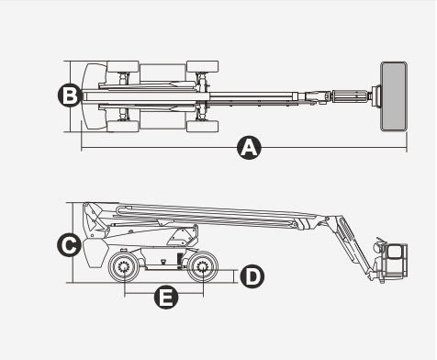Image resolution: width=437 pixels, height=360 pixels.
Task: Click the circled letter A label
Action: [x=250, y=148]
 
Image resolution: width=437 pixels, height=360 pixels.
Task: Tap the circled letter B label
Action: [x=70, y=96]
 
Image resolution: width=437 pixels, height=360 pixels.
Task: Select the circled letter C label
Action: [x=70, y=245]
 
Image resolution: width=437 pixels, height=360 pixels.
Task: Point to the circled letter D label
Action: [x=252, y=276]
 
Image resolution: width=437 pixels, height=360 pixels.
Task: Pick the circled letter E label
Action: [x=166, y=297]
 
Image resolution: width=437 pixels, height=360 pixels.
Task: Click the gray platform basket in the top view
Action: [x=394, y=96]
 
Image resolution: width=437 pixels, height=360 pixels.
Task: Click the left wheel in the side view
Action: [x=124, y=267]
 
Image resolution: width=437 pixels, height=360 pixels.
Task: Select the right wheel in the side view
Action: [x=202, y=267]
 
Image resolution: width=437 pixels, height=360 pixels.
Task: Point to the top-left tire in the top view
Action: [x=123, y=67]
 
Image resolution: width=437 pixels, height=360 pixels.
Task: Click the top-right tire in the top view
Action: [x=202, y=66]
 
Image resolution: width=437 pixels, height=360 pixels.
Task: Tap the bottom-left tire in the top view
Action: [x=123, y=127]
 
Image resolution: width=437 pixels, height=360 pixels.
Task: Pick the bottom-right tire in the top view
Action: [x=202, y=127]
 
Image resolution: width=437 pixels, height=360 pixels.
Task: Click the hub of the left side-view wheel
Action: [x=124, y=267]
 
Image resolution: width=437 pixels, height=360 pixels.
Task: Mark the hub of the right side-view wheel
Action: [x=202, y=267]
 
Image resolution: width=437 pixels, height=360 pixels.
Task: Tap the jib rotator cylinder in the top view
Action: [x=350, y=96]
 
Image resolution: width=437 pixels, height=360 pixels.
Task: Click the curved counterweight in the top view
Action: [x=93, y=96]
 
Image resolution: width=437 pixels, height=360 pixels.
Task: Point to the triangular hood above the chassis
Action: [x=183, y=236]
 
